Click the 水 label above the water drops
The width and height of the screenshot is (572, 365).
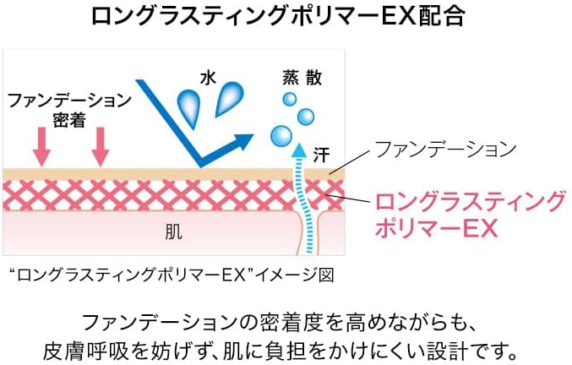(209, 78)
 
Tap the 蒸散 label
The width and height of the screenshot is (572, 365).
(302, 78)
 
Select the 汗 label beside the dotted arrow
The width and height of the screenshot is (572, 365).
(321, 155)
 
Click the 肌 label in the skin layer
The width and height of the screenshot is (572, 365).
(173, 232)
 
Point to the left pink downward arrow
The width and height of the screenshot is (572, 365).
(41, 147)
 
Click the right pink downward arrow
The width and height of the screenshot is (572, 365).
(101, 147)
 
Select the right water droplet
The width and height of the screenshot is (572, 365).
(229, 99)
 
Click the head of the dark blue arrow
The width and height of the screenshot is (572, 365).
(243, 141)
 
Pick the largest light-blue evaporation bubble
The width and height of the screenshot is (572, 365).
(281, 136)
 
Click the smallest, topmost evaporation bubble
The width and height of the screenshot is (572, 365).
(290, 99)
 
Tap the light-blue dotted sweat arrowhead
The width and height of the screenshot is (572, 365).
(299, 150)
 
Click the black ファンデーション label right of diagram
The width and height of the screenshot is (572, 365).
(446, 149)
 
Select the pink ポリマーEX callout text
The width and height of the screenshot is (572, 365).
(437, 229)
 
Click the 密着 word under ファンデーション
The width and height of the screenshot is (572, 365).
(69, 120)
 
